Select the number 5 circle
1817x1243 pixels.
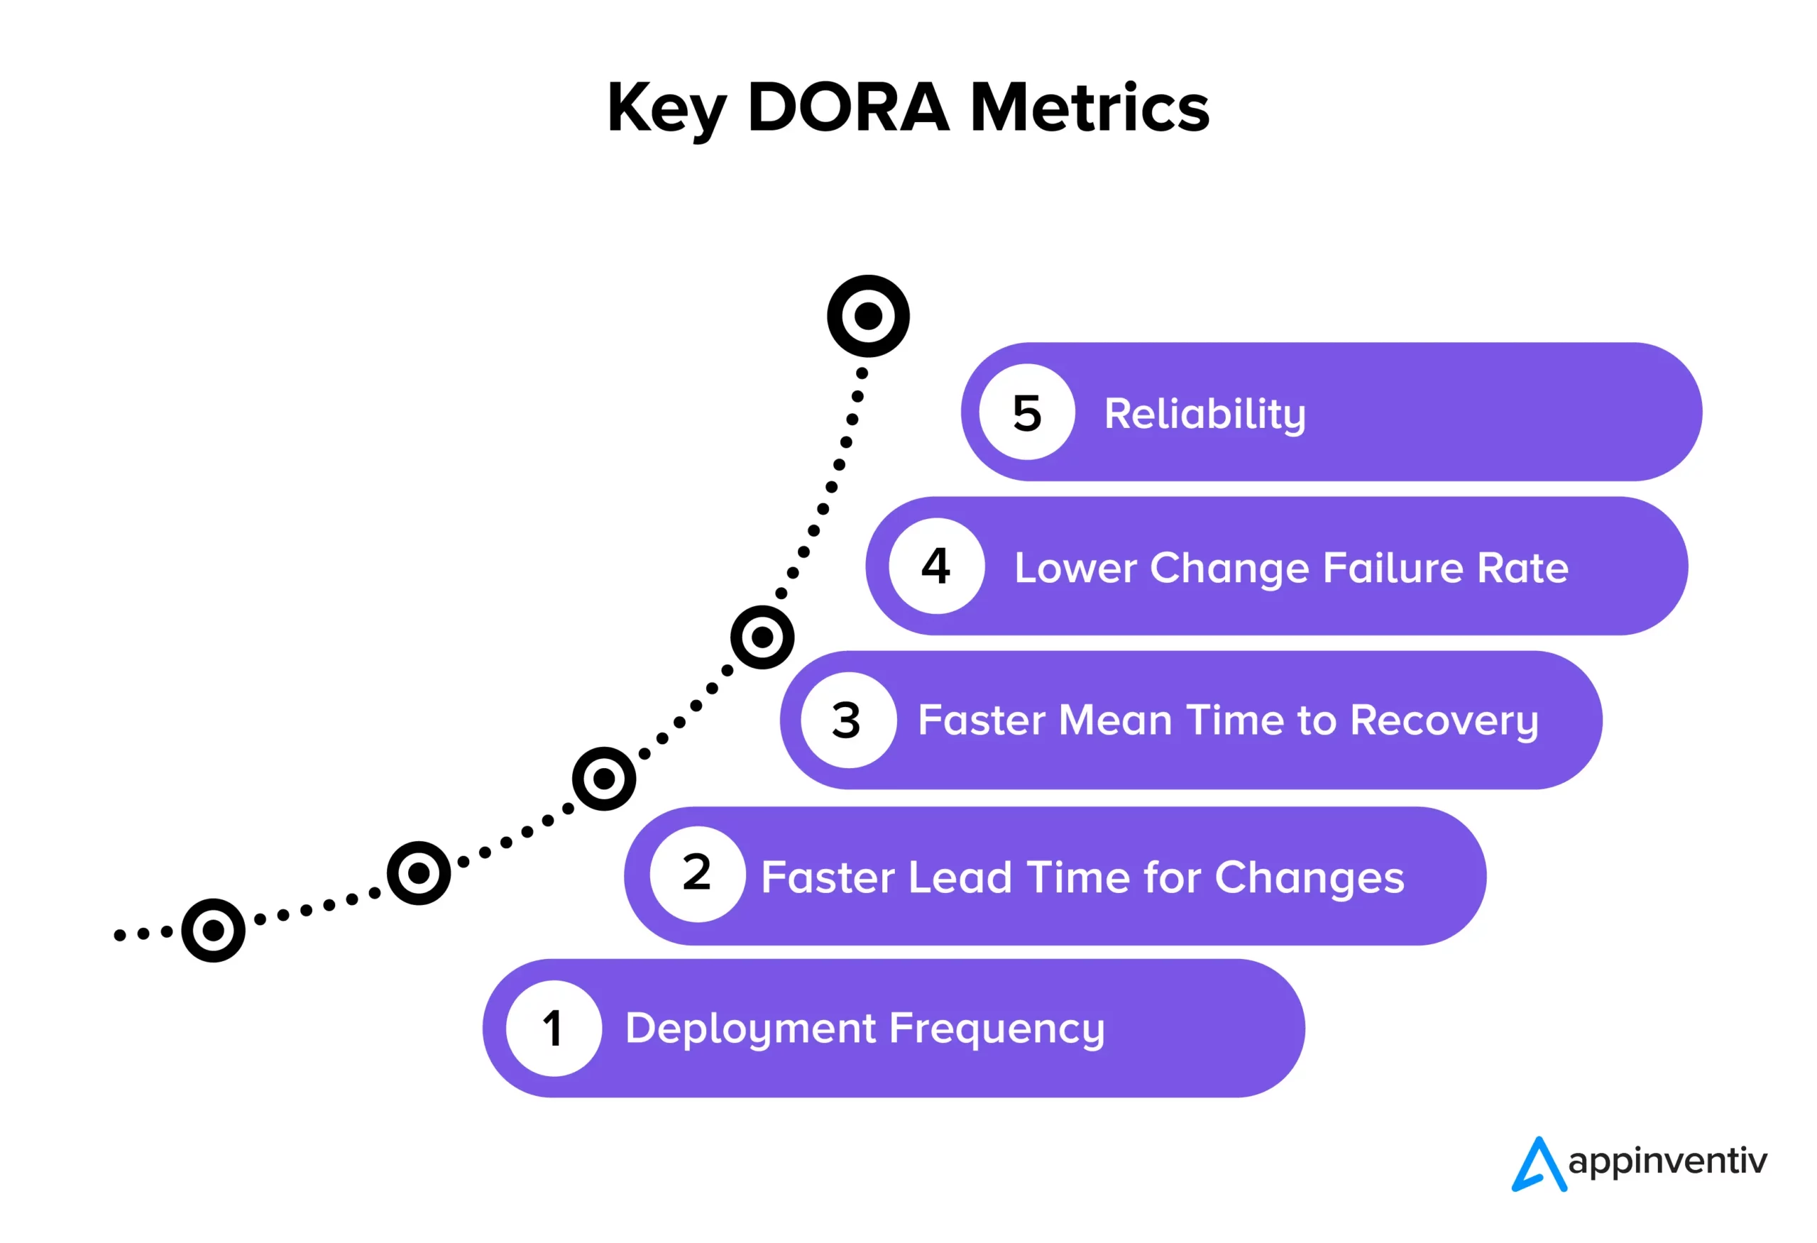[x=1026, y=412]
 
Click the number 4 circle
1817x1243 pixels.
[x=936, y=566]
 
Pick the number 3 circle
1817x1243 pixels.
[x=847, y=720]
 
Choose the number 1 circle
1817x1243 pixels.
[x=554, y=1028]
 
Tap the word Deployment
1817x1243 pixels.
[x=750, y=1028]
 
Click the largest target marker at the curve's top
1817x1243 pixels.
[x=868, y=316]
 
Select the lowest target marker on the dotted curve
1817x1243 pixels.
[x=213, y=930]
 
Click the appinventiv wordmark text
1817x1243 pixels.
[x=1667, y=1161]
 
